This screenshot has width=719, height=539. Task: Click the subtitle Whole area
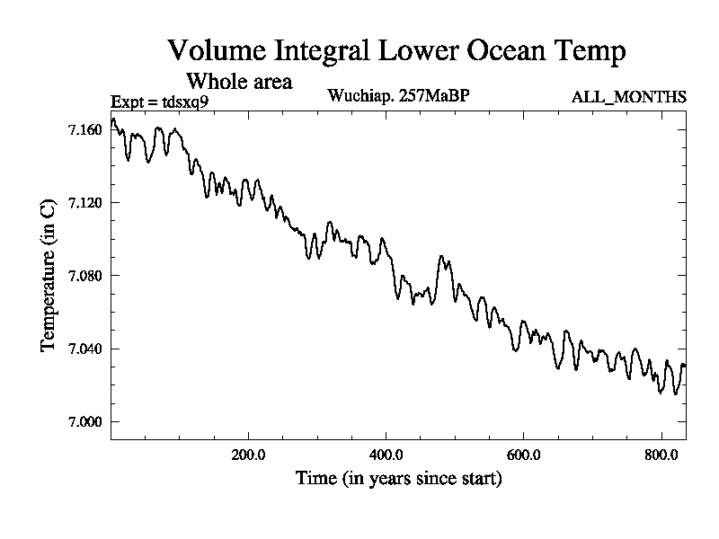point(238,82)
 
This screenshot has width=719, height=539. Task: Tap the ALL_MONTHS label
point(629,97)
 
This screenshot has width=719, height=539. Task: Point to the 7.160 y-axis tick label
point(84,129)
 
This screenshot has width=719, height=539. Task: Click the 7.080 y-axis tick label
point(84,275)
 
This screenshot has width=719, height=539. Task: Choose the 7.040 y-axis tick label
point(84,349)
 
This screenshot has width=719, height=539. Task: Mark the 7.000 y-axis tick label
point(84,421)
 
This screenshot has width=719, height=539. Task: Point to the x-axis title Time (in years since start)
point(398,479)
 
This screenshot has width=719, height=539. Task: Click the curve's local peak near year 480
point(440,256)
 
